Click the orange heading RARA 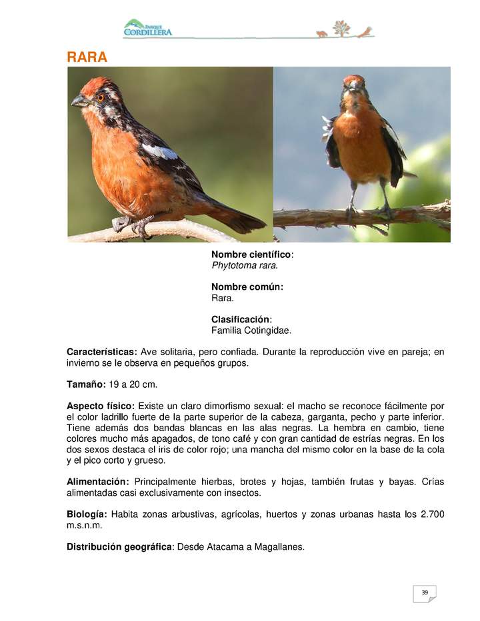coord(87,57)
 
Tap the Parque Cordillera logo coord(147,29)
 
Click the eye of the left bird coord(101,97)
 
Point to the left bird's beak coord(79,101)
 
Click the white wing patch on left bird coord(161,152)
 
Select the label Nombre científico coord(251,255)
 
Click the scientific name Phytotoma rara coord(245,265)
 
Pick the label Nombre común coord(247,287)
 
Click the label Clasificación coord(241,319)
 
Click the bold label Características coord(102,352)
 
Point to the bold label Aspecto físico coord(101,406)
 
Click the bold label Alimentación coord(97,482)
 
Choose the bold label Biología coord(87,514)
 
